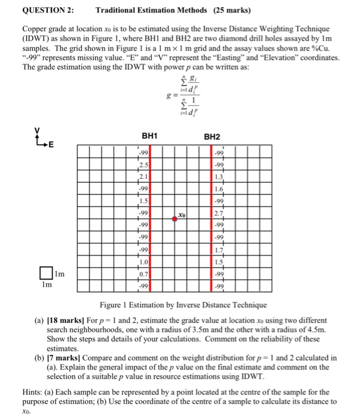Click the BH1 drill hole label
click(x=149, y=137)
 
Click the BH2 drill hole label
click(x=212, y=137)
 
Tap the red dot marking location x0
click(x=175, y=220)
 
